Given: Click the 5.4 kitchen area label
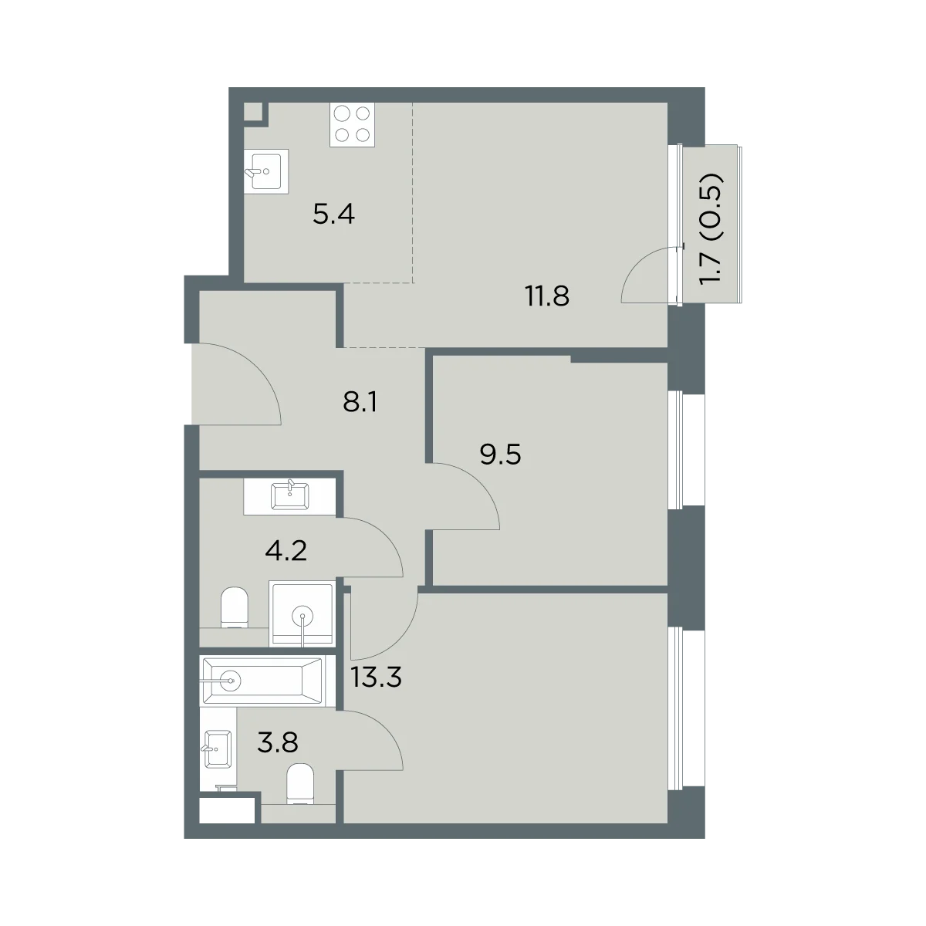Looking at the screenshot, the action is (x=333, y=215).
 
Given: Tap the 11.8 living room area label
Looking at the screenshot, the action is (x=547, y=296).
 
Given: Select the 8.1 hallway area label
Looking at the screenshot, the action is (x=360, y=402).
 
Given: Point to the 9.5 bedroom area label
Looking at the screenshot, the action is (x=500, y=454).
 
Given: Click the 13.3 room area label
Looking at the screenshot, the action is (x=376, y=677).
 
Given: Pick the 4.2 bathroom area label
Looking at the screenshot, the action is (x=286, y=551).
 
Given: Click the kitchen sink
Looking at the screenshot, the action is (x=266, y=171).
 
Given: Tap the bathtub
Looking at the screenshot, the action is (x=262, y=681).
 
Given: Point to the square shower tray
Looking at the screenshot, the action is (x=302, y=613).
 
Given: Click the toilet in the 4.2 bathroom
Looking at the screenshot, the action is (x=235, y=607).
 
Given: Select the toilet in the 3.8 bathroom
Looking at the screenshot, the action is (x=300, y=784).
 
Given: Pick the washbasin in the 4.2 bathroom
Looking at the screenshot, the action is (x=290, y=496).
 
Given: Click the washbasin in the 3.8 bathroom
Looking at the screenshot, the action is (x=218, y=749).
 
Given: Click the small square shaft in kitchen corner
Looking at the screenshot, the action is (x=253, y=112).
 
